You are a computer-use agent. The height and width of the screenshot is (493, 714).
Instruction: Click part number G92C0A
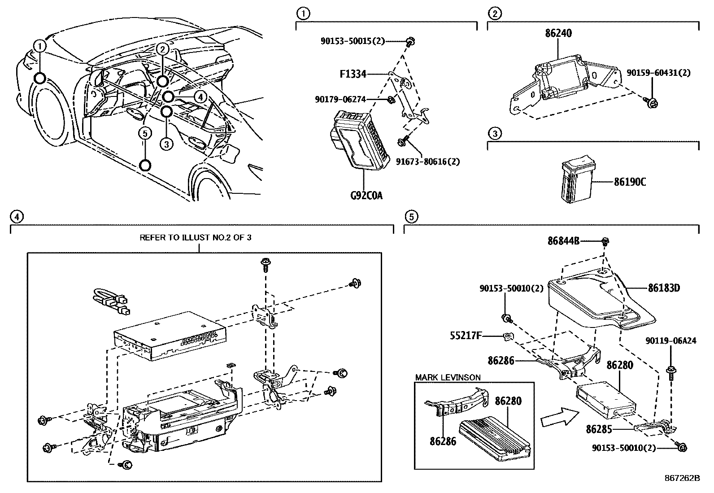click(366, 196)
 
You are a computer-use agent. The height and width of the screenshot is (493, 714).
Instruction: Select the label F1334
click(353, 74)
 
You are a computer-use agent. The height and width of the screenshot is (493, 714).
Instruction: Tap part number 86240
click(558, 34)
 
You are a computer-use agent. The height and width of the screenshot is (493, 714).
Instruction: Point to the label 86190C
click(630, 182)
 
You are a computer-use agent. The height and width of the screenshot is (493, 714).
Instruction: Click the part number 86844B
click(563, 241)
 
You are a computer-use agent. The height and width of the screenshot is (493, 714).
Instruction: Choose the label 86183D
click(664, 288)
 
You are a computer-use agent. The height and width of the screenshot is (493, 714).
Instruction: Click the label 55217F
click(466, 335)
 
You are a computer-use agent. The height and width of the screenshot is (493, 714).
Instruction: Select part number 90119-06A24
click(671, 340)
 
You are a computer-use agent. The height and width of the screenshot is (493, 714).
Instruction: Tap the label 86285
click(599, 429)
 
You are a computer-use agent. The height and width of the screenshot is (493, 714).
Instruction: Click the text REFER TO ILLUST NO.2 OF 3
click(196, 237)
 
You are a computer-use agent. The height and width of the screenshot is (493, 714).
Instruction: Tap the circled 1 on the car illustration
click(40, 46)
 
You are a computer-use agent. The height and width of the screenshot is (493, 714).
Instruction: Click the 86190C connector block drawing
click(575, 179)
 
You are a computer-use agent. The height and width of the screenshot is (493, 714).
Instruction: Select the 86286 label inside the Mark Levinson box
click(443, 441)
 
